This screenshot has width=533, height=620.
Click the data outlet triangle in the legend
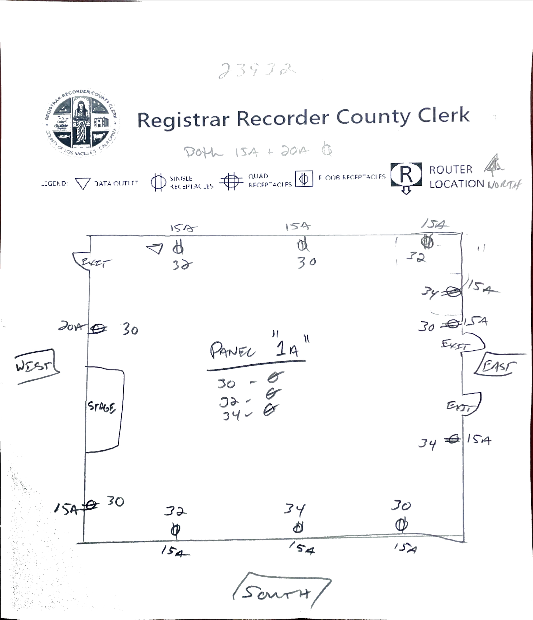83,183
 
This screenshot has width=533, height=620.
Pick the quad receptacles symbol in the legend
231,181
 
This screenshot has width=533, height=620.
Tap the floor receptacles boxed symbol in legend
304,179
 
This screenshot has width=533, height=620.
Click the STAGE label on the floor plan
101,407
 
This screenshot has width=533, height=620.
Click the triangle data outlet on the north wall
155,248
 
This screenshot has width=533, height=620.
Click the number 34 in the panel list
231,415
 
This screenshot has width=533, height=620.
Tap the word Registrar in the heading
183,119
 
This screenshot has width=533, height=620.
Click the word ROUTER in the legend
451,170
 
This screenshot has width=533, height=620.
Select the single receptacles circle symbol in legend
158,182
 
